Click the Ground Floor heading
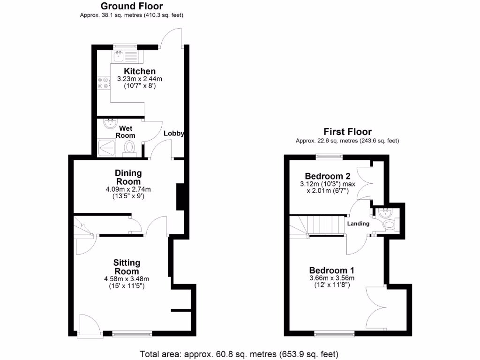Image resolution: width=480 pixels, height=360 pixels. click(x=132, y=6)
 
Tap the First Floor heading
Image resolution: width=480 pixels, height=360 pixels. click(x=347, y=132)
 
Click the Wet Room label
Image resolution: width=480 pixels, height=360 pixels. click(x=125, y=132)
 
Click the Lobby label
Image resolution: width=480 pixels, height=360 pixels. click(x=173, y=134)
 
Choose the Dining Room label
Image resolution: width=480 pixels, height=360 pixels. click(x=128, y=177)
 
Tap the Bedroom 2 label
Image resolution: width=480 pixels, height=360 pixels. click(x=328, y=176)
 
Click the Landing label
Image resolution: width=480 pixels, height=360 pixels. click(x=358, y=224)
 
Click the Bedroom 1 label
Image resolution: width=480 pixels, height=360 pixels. click(x=331, y=270)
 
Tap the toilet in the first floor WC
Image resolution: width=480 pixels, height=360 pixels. click(x=389, y=226)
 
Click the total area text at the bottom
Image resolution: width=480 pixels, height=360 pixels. click(x=239, y=353)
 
